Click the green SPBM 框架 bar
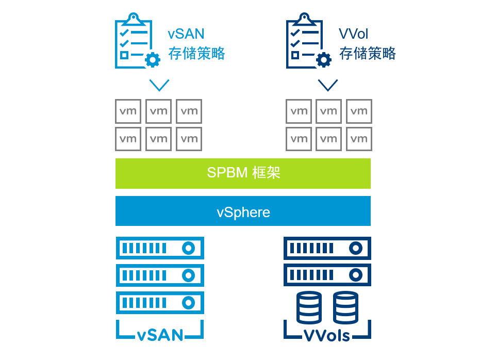(x=243, y=173)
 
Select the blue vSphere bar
(x=243, y=211)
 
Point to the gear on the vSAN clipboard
(x=153, y=60)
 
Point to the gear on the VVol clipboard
(x=324, y=60)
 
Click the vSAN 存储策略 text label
(x=196, y=44)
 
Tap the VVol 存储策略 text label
(x=367, y=44)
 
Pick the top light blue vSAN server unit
(x=160, y=248)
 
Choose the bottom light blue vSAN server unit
(x=160, y=303)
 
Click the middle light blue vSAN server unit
(x=160, y=275)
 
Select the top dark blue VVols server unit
(x=327, y=248)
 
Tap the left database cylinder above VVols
(x=309, y=307)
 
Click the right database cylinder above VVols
(x=345, y=307)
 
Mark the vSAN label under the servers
(x=160, y=335)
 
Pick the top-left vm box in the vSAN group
(x=128, y=111)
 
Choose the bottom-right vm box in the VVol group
(x=359, y=139)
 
